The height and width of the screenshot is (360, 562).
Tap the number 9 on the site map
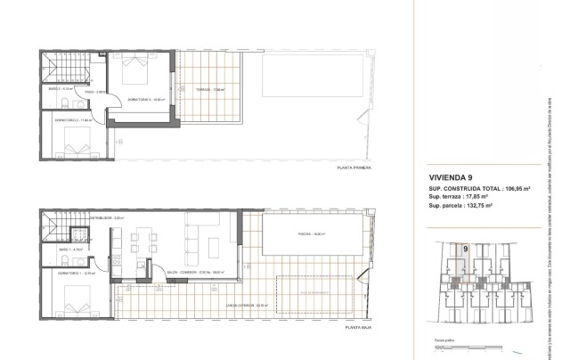pyautogui.click(x=464, y=250)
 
